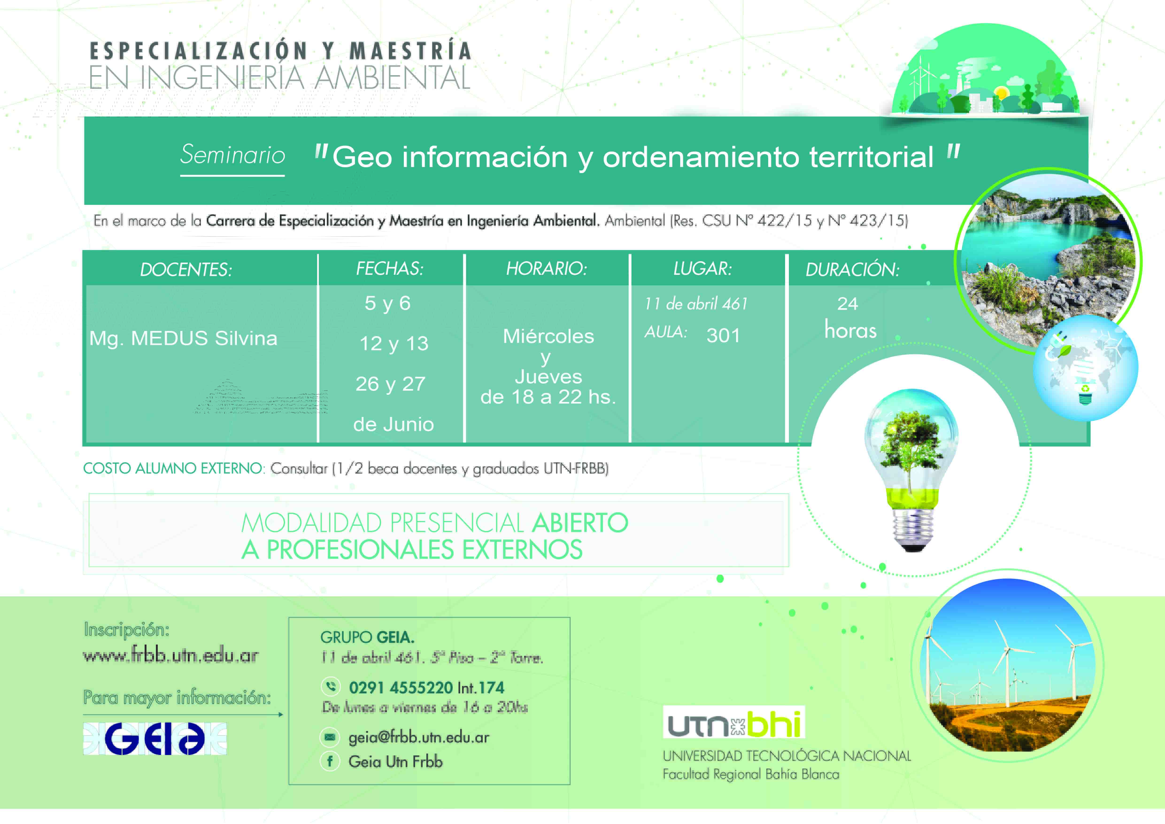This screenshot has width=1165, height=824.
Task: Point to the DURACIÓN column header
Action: tap(853, 269)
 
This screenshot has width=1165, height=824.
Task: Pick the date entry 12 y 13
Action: tap(394, 344)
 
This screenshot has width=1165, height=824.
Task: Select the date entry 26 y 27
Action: tap(390, 384)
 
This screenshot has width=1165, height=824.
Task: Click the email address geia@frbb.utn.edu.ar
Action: tap(419, 737)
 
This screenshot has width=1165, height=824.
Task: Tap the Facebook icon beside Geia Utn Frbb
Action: tap(330, 761)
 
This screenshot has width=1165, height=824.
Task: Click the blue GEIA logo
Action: tap(155, 739)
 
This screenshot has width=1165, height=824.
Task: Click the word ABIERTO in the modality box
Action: tap(579, 523)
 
